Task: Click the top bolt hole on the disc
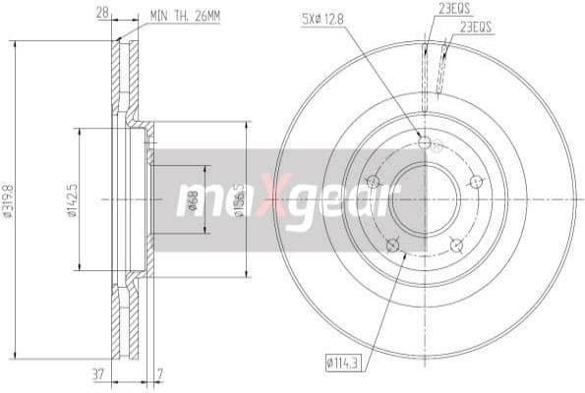[425, 142]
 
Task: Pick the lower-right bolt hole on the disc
[455, 244]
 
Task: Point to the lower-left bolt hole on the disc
[393, 245]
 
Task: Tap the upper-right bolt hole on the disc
[476, 182]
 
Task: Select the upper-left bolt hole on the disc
[373, 182]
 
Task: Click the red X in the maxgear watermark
[277, 200]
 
